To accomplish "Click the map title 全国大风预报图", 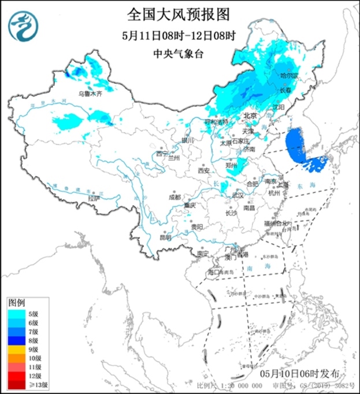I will tap(180, 12).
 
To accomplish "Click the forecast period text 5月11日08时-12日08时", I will tap(180, 35).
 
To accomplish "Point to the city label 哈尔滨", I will tap(288, 76).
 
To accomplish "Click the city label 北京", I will tap(250, 116).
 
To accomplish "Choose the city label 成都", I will tap(175, 197).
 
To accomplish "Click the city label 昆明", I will tap(165, 237).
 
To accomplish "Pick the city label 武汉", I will tap(237, 195).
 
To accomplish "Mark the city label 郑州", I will tap(232, 165).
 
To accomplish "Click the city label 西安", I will tap(203, 170).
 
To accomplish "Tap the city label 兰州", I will tap(173, 158).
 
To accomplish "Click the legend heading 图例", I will tap(16, 303).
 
